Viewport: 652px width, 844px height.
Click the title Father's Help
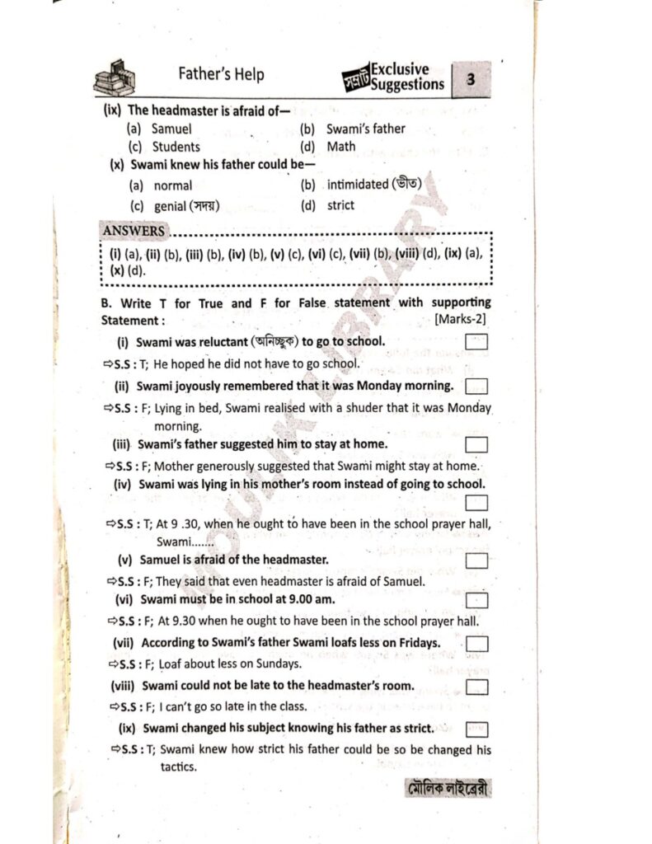click(222, 74)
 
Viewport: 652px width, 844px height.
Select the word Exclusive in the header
click(400, 69)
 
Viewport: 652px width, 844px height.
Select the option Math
click(341, 147)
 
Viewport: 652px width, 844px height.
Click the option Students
click(176, 147)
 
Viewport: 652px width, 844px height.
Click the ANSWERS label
click(134, 231)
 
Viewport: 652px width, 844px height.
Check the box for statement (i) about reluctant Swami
click(476, 341)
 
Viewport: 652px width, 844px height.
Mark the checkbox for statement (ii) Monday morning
click(476, 386)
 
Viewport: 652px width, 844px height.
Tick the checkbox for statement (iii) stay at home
click(476, 445)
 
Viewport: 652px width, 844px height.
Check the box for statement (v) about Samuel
click(476, 560)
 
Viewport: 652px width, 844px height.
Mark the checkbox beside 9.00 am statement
click(476, 601)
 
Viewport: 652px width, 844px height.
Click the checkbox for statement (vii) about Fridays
click(476, 643)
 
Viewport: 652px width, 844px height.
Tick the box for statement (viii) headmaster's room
click(476, 687)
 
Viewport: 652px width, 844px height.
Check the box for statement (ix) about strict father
click(476, 729)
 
